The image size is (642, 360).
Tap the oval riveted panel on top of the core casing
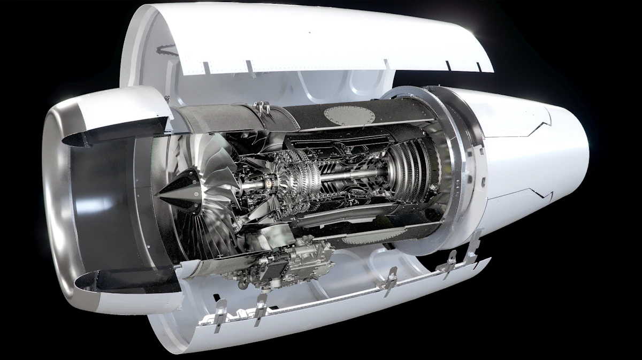click(x=346, y=115)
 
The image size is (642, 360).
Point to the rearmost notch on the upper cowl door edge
click(x=478, y=67)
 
